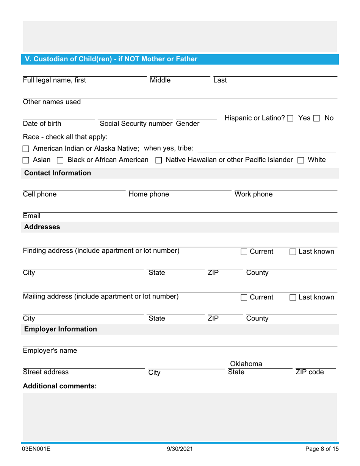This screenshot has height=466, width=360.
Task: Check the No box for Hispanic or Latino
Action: (318, 119)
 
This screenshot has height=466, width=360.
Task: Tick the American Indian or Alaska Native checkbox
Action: (26, 149)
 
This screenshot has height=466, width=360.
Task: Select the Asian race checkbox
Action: (26, 160)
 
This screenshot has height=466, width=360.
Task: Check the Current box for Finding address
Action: (244, 252)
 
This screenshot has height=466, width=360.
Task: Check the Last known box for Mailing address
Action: (293, 298)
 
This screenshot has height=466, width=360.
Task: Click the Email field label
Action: (31, 216)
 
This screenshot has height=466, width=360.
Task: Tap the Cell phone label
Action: (40, 195)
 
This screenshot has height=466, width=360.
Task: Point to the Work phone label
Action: (254, 195)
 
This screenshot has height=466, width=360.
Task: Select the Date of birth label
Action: (42, 124)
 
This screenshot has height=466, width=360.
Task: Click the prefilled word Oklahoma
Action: (246, 364)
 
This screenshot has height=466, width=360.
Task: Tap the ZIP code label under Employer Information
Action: (310, 372)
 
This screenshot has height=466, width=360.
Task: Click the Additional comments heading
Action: (60, 386)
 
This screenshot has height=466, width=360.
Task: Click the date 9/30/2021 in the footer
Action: (180, 449)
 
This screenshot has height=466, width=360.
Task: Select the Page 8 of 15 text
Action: (322, 449)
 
